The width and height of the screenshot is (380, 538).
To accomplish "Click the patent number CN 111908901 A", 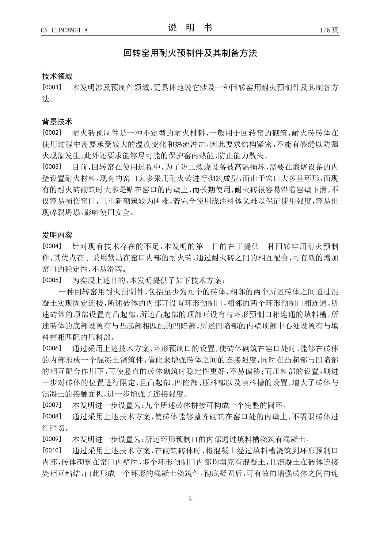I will [x=64, y=30].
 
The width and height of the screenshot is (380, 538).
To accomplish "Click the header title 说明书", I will [x=190, y=28].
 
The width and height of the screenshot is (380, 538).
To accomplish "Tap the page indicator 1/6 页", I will [x=329, y=30].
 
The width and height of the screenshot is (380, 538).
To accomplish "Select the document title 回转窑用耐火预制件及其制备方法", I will [x=190, y=53].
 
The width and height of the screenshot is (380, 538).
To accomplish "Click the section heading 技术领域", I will [x=57, y=76].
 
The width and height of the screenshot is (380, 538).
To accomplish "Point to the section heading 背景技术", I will [x=57, y=122].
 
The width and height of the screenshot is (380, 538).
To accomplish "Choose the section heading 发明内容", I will [x=57, y=235].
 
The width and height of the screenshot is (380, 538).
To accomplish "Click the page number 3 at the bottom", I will [x=190, y=498].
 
